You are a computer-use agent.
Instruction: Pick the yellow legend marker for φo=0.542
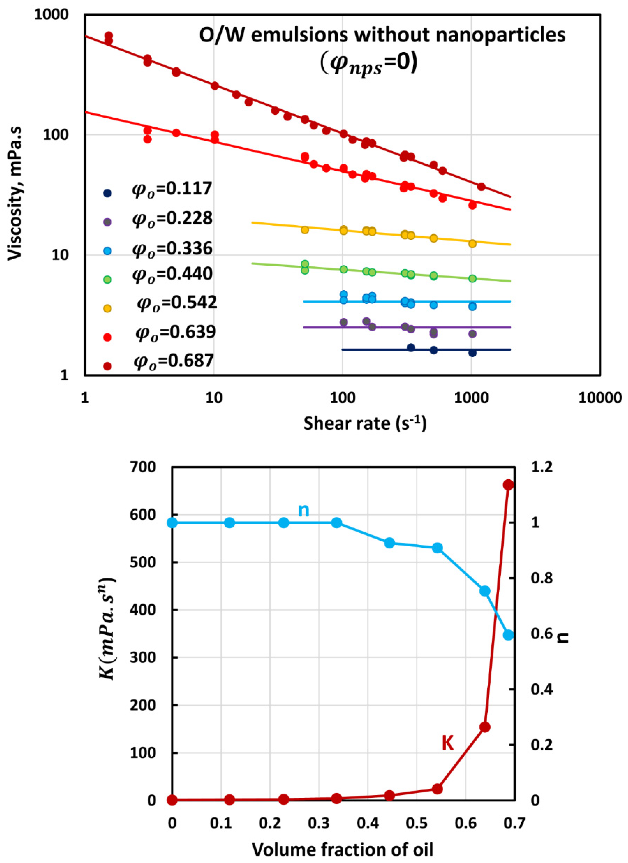click(108, 308)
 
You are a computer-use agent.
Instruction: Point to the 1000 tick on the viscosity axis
click(51, 15)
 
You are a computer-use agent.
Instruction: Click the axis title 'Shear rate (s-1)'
click(365, 423)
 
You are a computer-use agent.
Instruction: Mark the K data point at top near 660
click(508, 485)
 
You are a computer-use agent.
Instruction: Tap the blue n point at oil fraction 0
click(172, 523)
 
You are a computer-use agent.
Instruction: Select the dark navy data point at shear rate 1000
click(472, 353)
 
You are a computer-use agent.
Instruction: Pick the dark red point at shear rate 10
click(215, 86)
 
